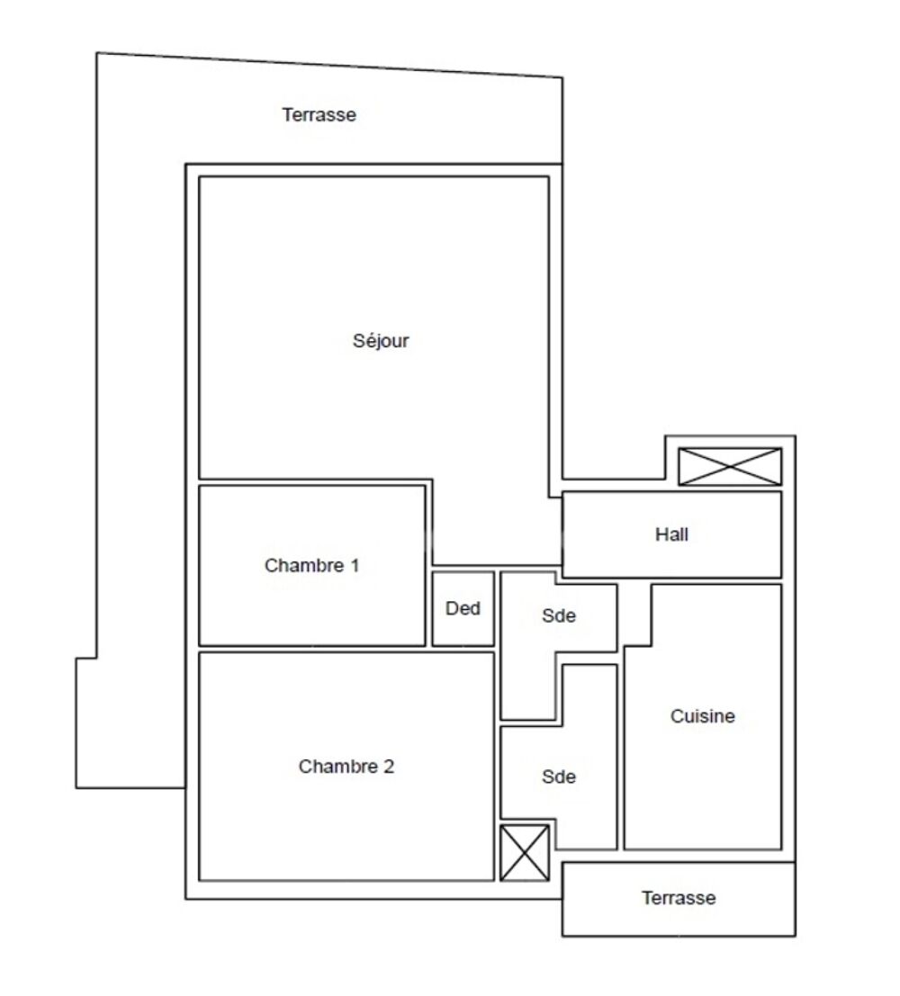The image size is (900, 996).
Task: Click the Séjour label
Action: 381,341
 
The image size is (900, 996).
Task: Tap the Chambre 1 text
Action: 311,566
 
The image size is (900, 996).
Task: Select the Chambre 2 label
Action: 346,767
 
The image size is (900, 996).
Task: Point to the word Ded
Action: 463,608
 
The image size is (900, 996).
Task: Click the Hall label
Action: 671,534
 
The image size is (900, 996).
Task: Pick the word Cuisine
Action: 703,717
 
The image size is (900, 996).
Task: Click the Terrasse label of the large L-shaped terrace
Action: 319,115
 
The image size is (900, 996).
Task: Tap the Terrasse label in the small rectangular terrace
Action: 679,898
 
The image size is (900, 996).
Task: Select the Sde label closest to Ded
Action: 558,616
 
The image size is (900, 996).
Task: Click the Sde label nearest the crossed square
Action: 558,776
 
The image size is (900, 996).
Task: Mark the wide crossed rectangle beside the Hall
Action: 729,466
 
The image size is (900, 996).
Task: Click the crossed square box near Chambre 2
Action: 524,852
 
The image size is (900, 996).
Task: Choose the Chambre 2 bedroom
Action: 346,819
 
